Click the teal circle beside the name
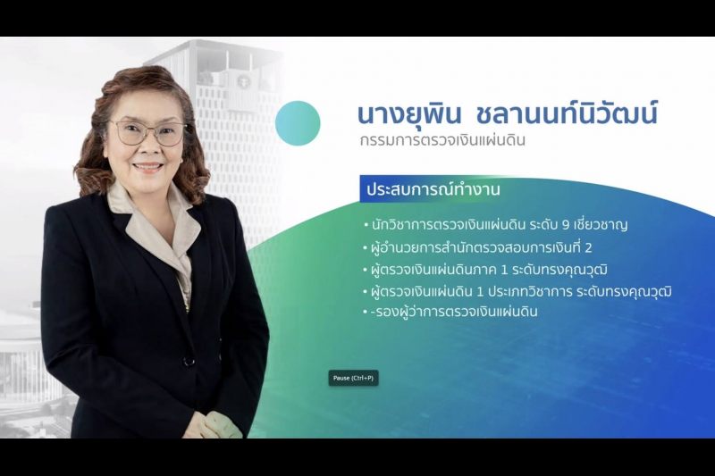(x=298, y=123)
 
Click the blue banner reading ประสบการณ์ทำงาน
(x=431, y=190)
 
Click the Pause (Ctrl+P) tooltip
(x=354, y=378)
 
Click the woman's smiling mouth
(x=148, y=167)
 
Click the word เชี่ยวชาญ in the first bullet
(x=601, y=224)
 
